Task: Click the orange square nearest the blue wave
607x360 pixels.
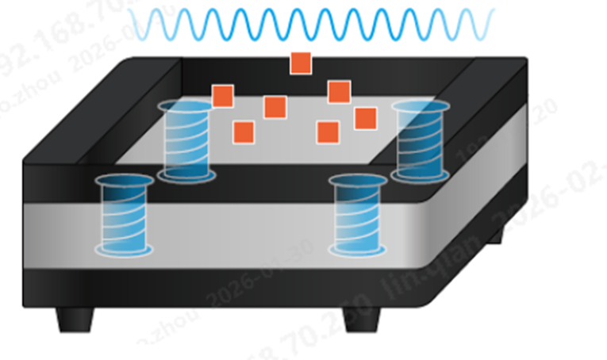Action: pyautogui.click(x=300, y=63)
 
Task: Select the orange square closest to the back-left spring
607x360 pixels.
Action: pyautogui.click(x=222, y=97)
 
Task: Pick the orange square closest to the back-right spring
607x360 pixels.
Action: pyautogui.click(x=365, y=118)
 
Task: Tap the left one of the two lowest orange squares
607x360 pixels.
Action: pyautogui.click(x=244, y=132)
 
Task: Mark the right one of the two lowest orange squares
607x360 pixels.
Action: pyautogui.click(x=328, y=132)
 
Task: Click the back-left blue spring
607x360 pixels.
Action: pyautogui.click(x=186, y=140)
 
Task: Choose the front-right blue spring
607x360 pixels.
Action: pyautogui.click(x=358, y=216)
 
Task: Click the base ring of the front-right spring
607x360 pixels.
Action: pyautogui.click(x=358, y=250)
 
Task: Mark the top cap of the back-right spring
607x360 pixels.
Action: pyautogui.click(x=422, y=106)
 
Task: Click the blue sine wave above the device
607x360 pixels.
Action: pyautogui.click(x=309, y=24)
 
